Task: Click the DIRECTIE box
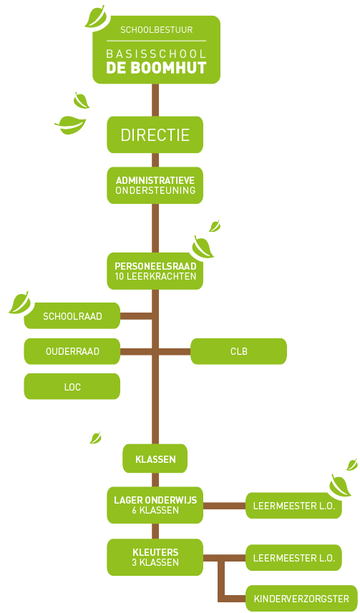click(155, 134)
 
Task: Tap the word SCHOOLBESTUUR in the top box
click(157, 30)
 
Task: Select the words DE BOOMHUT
click(156, 68)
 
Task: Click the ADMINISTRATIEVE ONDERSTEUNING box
click(155, 185)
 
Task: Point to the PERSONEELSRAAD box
click(155, 271)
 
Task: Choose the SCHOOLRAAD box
click(72, 316)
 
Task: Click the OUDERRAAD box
click(72, 351)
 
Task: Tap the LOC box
click(72, 386)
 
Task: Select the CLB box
click(239, 351)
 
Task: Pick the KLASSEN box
click(155, 458)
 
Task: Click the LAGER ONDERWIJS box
click(155, 505)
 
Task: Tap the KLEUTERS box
click(155, 557)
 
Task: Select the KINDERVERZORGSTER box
click(301, 598)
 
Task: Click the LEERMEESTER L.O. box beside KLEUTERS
click(293, 557)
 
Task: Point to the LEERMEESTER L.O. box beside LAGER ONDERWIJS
click(293, 506)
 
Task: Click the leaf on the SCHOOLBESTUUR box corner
click(96, 16)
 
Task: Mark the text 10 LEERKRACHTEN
click(155, 276)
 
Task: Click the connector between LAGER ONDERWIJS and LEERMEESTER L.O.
click(224, 506)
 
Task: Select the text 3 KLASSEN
click(155, 562)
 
